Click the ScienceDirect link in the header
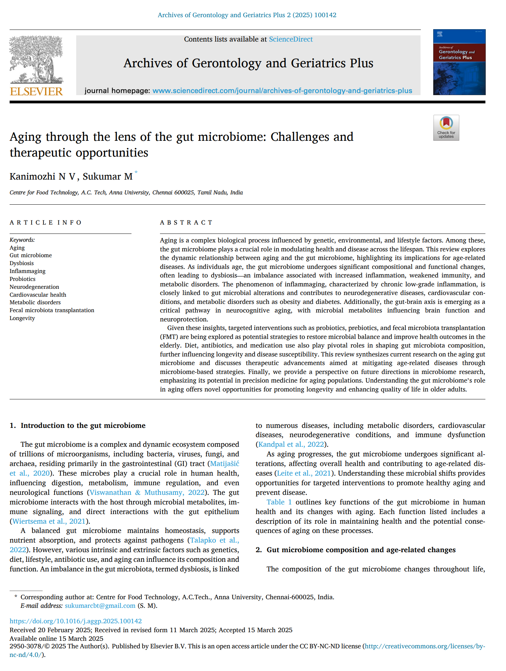tap(290, 39)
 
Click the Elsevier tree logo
tap(36, 60)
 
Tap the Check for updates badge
tap(446, 128)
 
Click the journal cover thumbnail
tap(459, 62)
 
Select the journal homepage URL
tap(282, 91)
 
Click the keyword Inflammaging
tap(27, 271)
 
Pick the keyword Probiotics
tap(22, 279)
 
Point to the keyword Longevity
tap(22, 318)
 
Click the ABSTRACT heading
tap(186, 223)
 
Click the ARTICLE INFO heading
tap(45, 223)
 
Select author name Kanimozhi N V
tap(42, 177)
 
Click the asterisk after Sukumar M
tap(136, 172)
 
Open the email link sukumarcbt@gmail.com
tap(100, 605)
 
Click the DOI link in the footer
tap(76, 621)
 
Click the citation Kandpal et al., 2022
tap(291, 444)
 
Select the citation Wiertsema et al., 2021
tap(49, 521)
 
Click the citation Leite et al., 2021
tap(304, 473)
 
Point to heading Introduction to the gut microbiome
tap(83, 425)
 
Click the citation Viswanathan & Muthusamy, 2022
tap(147, 492)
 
